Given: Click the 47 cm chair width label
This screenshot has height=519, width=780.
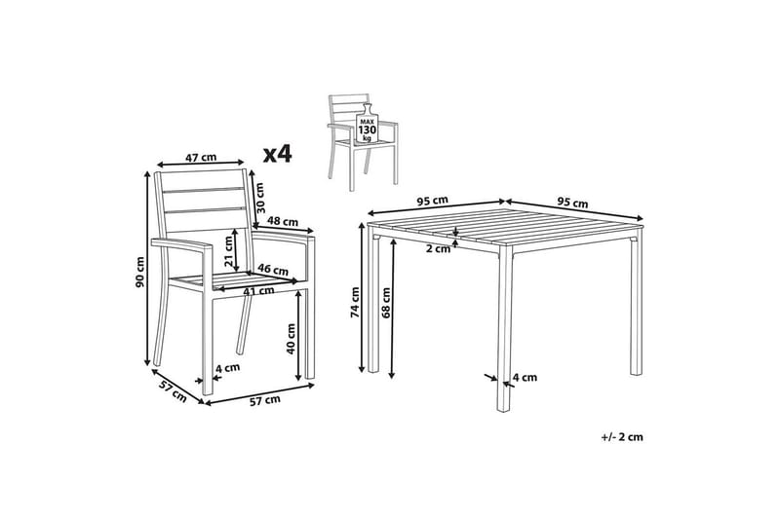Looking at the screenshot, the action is [201, 158].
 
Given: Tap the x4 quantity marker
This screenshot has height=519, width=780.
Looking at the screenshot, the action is [278, 154].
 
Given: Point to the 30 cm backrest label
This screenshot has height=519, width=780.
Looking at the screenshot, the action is [259, 196].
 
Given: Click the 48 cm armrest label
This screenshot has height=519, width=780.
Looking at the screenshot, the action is [283, 220].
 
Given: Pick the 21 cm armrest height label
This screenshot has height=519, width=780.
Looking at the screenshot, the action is [228, 251].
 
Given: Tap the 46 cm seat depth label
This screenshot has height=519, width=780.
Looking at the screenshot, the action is [273, 270].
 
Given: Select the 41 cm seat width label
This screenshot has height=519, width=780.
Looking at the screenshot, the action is [258, 291].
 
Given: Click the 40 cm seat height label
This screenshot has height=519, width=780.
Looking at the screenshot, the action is [291, 338].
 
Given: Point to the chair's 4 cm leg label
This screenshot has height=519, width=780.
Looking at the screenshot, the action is [227, 367].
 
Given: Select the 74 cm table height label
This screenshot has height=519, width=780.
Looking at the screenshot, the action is [355, 302].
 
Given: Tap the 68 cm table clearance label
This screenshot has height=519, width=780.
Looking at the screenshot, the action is [386, 302].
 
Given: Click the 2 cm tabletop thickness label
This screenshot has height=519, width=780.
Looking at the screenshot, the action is [438, 249].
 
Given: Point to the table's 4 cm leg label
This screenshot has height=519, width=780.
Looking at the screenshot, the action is [525, 378].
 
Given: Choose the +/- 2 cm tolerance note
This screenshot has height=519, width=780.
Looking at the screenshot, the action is [622, 437].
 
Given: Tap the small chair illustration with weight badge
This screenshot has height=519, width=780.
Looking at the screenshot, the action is [363, 141].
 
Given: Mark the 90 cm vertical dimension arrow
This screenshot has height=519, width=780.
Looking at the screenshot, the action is [147, 269].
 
